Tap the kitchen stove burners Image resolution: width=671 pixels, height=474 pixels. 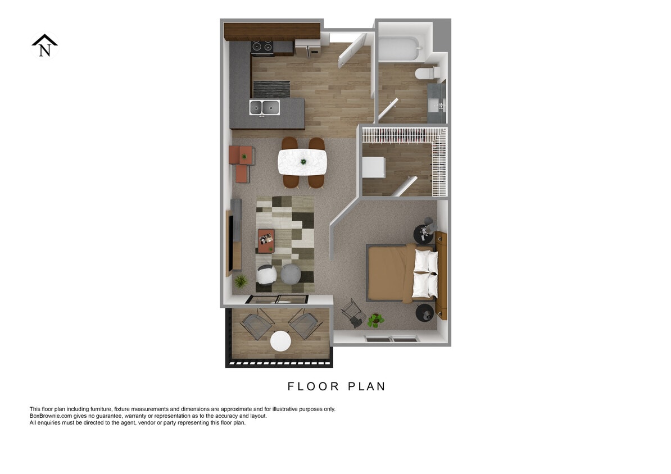(x=262, y=47)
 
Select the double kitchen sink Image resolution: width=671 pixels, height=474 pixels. (x=264, y=107)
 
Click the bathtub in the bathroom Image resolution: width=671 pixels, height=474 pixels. (x=399, y=48)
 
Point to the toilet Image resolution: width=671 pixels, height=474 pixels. (x=427, y=73)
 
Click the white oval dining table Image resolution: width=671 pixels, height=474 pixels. (x=302, y=162)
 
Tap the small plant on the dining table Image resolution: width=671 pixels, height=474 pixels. (x=303, y=162)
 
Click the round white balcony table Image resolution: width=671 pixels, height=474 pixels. (x=280, y=341)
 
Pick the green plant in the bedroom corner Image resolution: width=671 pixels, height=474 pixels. (x=375, y=321)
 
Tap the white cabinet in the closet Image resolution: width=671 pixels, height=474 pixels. (x=374, y=167)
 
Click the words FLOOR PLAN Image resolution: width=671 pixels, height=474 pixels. (x=336, y=386)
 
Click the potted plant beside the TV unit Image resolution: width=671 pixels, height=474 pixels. (x=241, y=280)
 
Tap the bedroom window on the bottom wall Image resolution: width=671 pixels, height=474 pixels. (x=392, y=339)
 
